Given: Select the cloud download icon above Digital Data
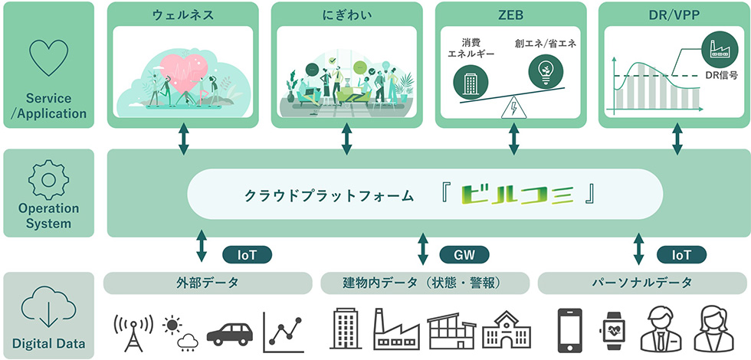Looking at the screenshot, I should pos(48,309).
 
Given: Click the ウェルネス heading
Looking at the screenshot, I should pos(182,14).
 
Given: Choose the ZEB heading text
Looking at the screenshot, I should pos(510,14).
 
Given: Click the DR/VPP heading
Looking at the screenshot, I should pos(675,14).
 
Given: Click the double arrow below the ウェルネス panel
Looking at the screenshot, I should pos(184,137).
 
